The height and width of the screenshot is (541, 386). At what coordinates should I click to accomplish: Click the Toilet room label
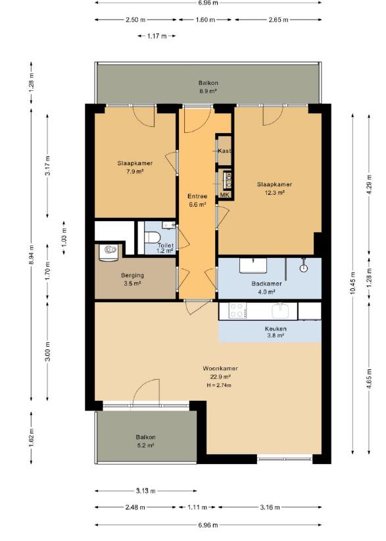coord(166,245)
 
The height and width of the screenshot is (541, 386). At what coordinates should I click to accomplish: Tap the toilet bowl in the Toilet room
coord(153,238)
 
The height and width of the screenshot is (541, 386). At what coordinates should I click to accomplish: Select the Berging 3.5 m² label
coord(132,280)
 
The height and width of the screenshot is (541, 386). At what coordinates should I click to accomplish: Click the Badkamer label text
coord(266,284)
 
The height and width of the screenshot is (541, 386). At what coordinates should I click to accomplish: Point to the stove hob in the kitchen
coord(237,310)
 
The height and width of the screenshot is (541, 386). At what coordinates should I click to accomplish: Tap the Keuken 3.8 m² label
coord(276,332)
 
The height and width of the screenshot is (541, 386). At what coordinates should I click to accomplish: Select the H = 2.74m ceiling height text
coord(219,385)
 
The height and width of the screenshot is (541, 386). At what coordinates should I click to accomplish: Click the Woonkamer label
coord(220,369)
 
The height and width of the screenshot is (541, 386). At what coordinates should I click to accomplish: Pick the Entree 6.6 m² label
coord(197,200)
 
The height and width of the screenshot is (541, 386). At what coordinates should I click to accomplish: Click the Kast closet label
coord(224,151)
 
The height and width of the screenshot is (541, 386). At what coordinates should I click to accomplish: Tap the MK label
coord(224,195)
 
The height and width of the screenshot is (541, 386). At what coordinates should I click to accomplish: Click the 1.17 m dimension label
coord(157,36)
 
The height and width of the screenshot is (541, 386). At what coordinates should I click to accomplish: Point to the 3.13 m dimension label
coord(146,490)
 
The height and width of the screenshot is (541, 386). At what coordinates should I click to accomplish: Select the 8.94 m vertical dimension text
coord(32,255)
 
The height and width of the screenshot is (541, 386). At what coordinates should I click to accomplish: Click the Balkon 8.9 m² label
coord(208,87)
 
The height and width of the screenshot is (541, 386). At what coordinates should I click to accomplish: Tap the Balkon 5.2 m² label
coord(145,441)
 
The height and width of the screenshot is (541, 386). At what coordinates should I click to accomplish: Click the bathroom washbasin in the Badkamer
coord(253,265)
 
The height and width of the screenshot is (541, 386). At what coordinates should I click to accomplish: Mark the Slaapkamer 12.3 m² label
coord(274,188)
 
